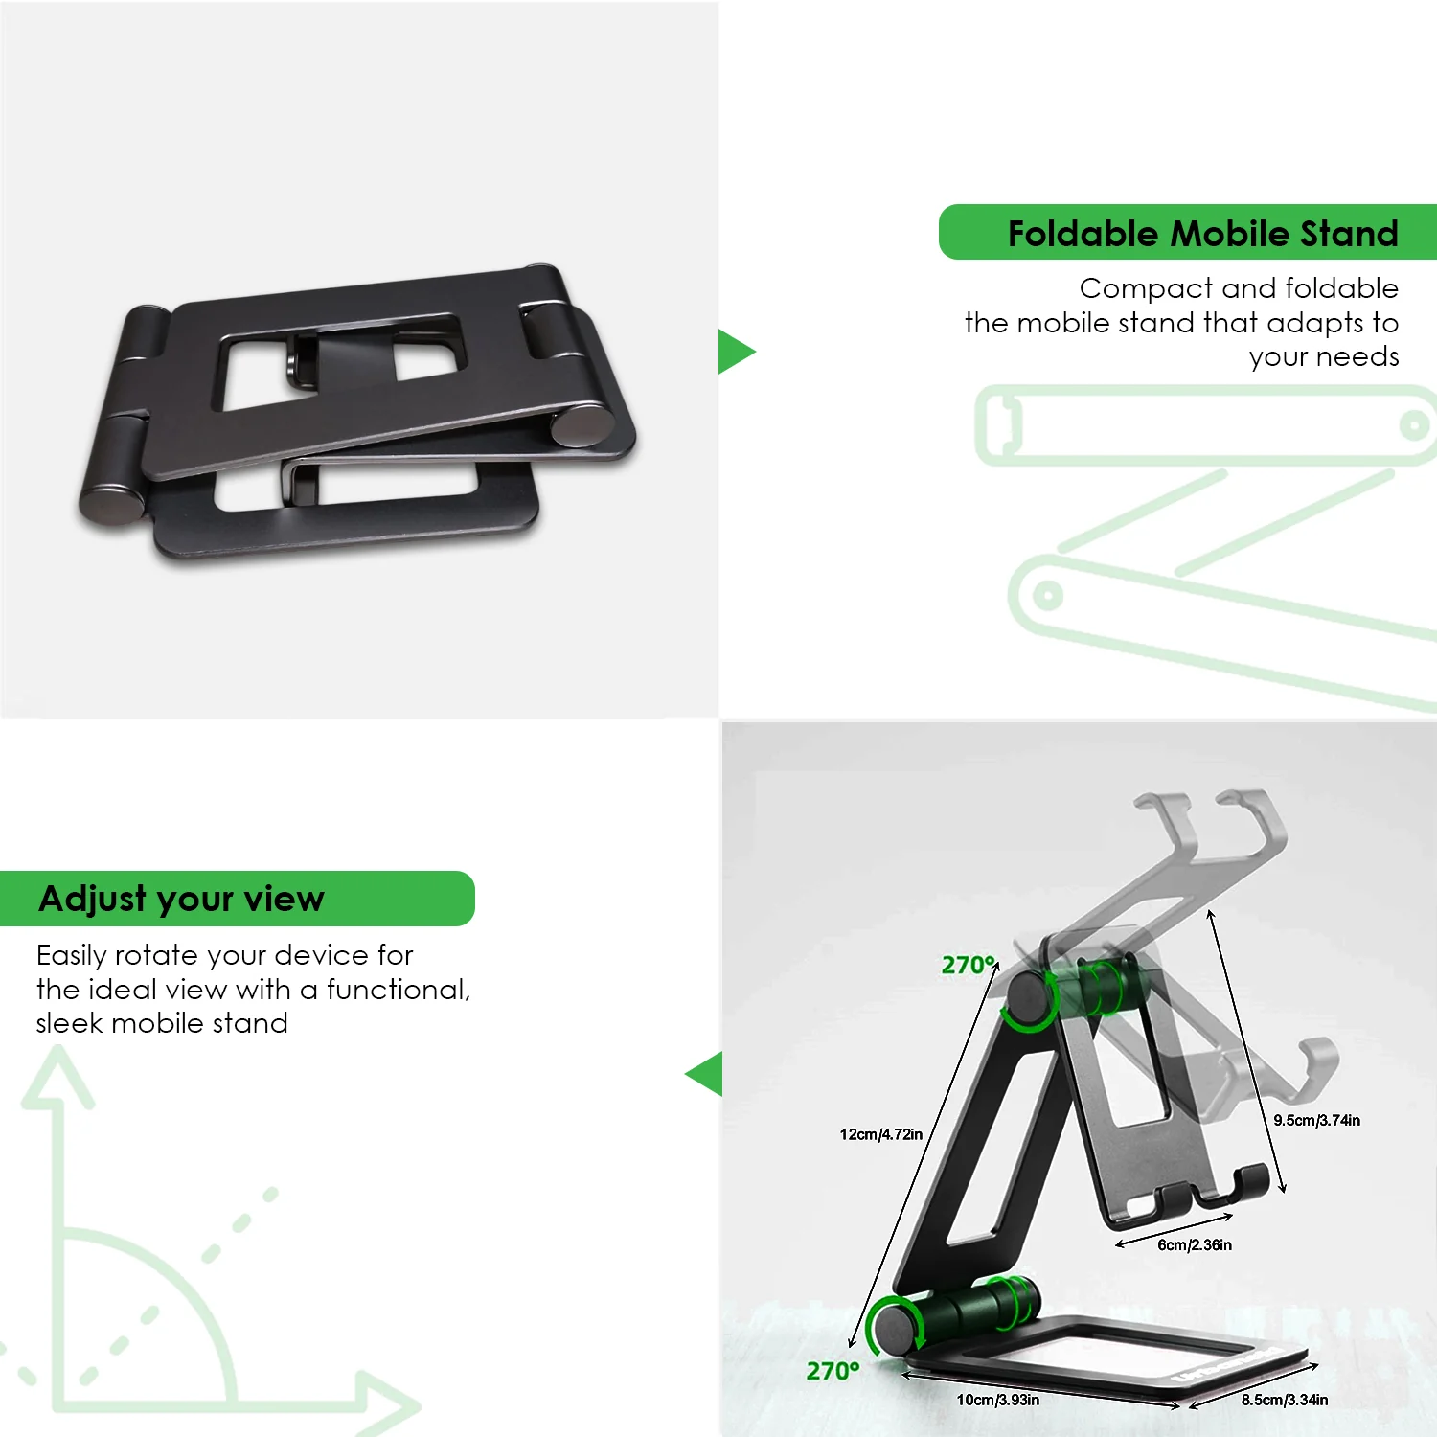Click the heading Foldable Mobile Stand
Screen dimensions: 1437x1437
click(x=1202, y=234)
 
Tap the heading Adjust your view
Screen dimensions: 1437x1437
click(x=182, y=899)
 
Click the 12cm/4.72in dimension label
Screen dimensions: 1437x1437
click(x=881, y=1134)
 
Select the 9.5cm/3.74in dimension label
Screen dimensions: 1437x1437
click(x=1316, y=1120)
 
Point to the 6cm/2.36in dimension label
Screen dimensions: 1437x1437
click(x=1195, y=1244)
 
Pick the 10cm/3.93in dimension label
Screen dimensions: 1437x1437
click(x=997, y=1400)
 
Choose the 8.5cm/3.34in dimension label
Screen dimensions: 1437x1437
click(x=1285, y=1400)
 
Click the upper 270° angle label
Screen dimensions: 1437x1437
click(x=969, y=965)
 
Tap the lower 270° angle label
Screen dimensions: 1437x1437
click(x=833, y=1371)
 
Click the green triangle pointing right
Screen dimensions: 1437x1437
click(x=735, y=352)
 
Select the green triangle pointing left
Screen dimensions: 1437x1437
click(x=705, y=1074)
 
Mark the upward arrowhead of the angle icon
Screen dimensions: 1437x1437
click(x=58, y=1076)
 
